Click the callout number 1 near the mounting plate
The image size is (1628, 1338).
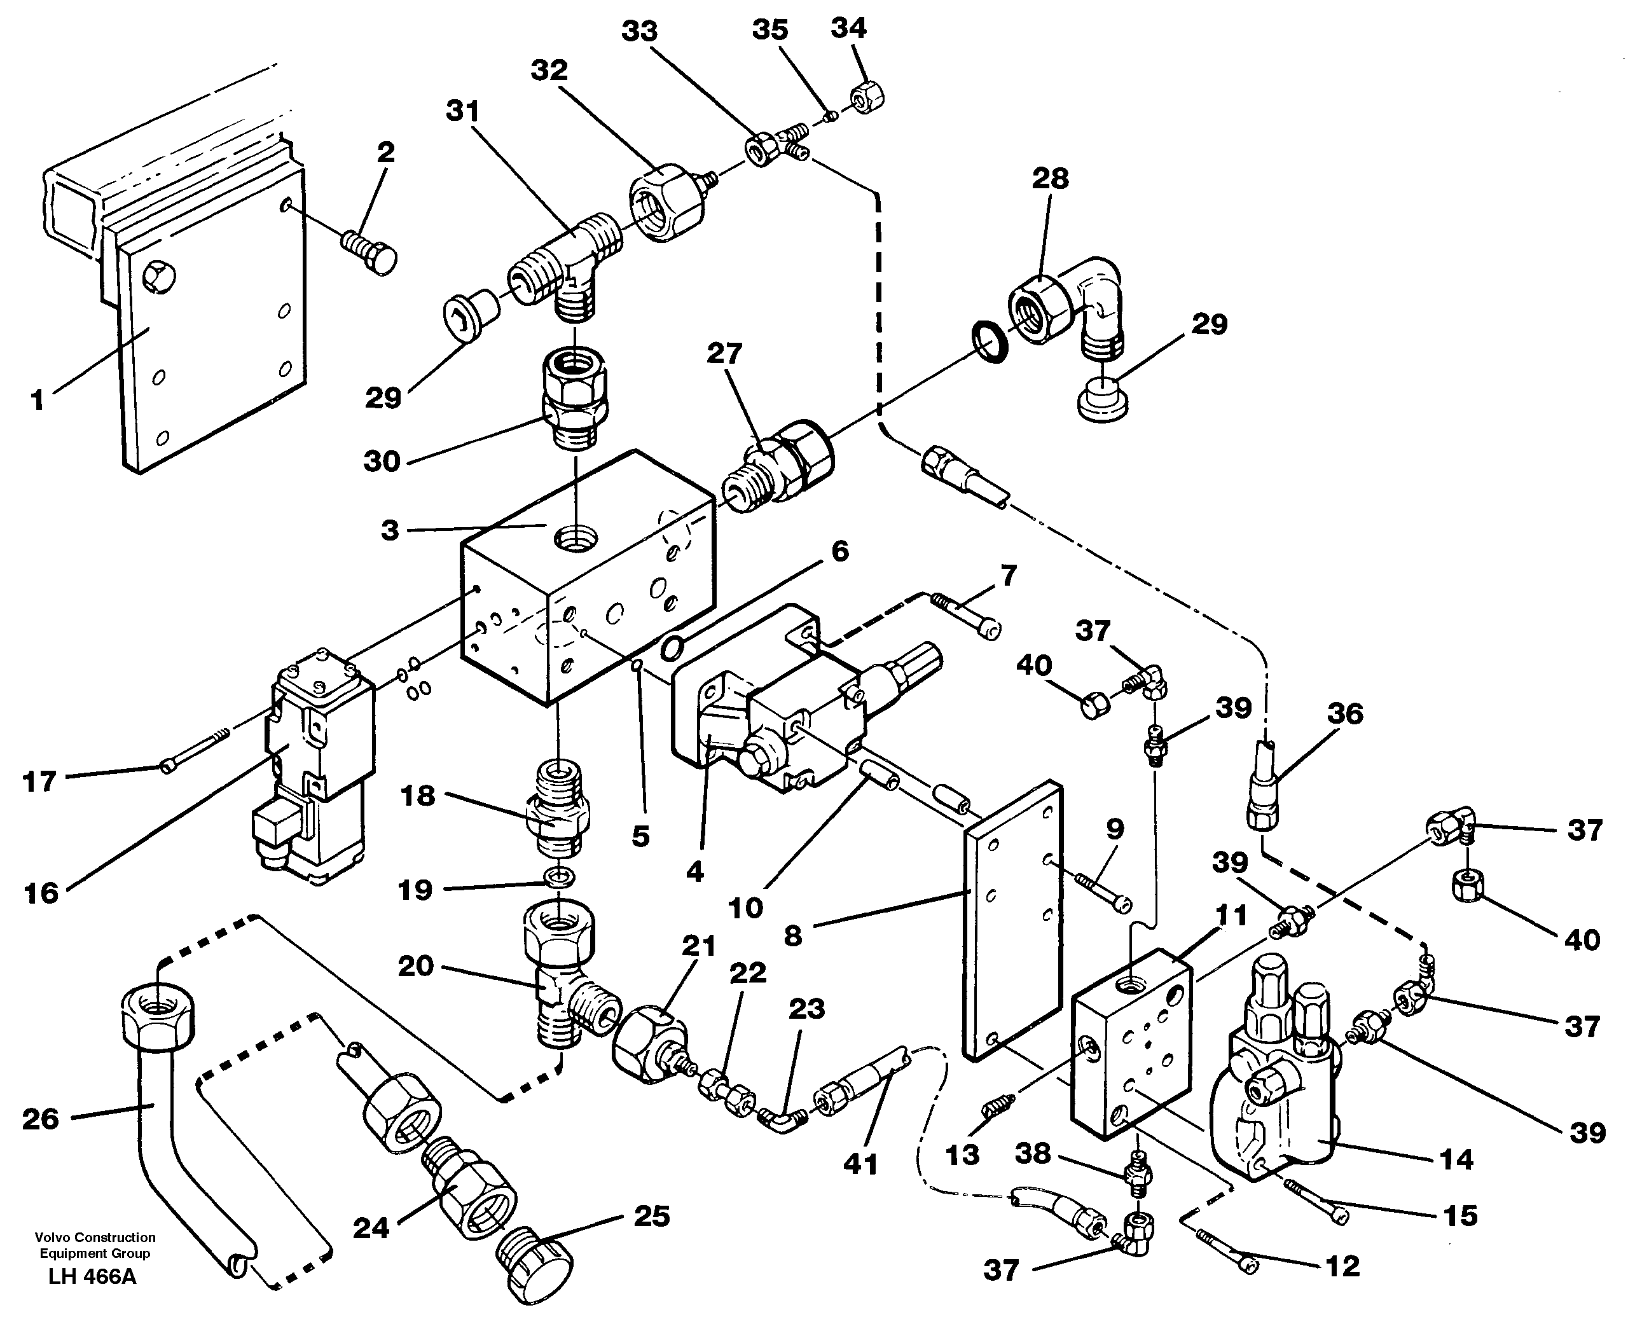pyautogui.click(x=37, y=400)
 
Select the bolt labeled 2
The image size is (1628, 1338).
pyautogui.click(x=368, y=251)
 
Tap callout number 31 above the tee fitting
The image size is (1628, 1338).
pyautogui.click(x=462, y=112)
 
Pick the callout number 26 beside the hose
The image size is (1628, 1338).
pyautogui.click(x=40, y=1119)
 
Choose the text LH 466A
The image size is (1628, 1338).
pyautogui.click(x=92, y=1298)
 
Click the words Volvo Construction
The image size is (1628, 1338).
pyautogui.click(x=95, y=1238)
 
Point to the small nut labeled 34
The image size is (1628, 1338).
pyautogui.click(x=866, y=99)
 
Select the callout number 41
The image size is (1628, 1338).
pyautogui.click(x=860, y=1164)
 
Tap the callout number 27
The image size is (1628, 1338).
pyautogui.click(x=724, y=354)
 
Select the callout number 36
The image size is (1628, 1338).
pyautogui.click(x=1344, y=713)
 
